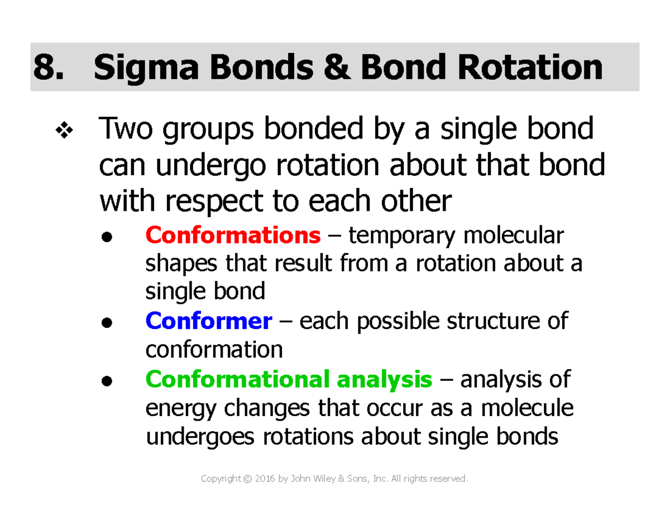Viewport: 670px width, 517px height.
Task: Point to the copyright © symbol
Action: (247, 480)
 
